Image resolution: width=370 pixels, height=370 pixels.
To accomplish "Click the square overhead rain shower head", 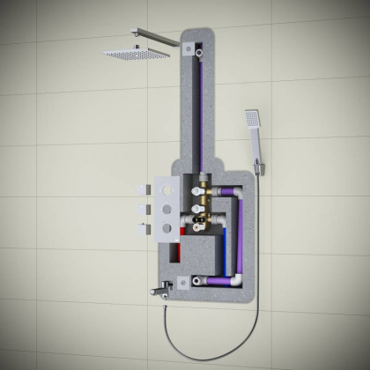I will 137,53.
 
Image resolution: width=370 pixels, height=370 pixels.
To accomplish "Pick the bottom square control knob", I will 141,226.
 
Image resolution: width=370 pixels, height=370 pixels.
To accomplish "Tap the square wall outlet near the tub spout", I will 184,281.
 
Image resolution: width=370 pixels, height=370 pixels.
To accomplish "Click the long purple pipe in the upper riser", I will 203,115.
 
